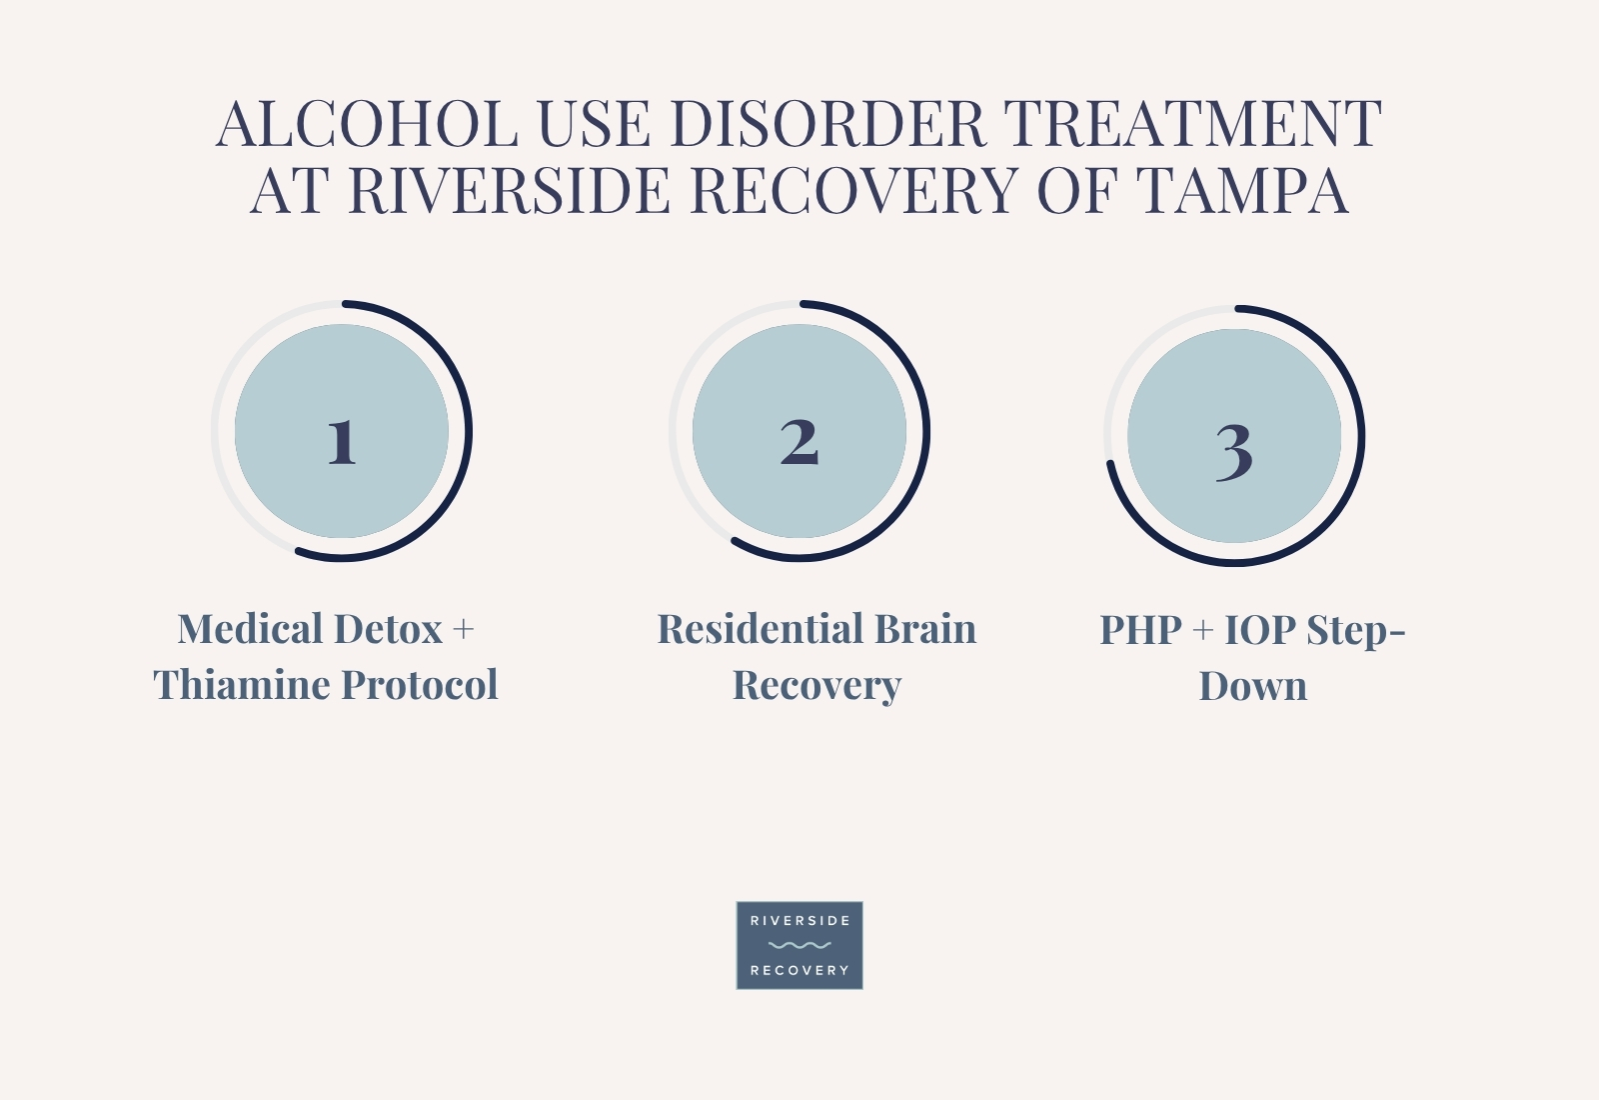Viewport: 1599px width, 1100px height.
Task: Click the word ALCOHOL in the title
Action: tap(367, 124)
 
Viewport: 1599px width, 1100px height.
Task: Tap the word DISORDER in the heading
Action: tap(828, 124)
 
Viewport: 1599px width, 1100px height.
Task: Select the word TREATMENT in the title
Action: tap(1193, 124)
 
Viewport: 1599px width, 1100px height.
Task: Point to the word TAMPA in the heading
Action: tap(1241, 190)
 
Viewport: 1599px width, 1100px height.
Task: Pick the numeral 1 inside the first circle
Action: tap(341, 442)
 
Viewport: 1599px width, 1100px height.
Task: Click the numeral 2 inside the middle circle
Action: tap(799, 442)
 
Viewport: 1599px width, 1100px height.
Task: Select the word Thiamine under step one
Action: tap(241, 684)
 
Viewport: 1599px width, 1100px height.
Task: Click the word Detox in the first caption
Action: tap(388, 629)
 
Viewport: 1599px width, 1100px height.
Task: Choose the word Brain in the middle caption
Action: tap(925, 629)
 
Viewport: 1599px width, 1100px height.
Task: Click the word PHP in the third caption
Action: tap(1140, 630)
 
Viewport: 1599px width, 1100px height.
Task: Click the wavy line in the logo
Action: tap(799, 945)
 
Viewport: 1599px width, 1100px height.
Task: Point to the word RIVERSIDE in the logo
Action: tap(799, 921)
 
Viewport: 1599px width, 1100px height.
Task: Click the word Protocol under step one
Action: tap(420, 684)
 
